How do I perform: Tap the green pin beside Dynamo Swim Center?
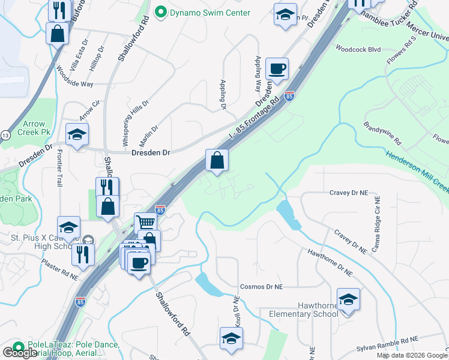click(x=160, y=12)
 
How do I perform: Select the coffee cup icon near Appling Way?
click(x=277, y=69)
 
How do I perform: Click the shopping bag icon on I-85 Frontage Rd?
click(x=217, y=160)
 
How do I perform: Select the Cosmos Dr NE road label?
click(x=261, y=287)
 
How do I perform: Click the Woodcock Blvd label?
click(x=358, y=49)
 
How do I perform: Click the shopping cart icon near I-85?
click(x=146, y=223)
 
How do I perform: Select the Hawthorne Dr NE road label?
click(x=330, y=264)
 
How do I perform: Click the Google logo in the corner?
click(x=20, y=352)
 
